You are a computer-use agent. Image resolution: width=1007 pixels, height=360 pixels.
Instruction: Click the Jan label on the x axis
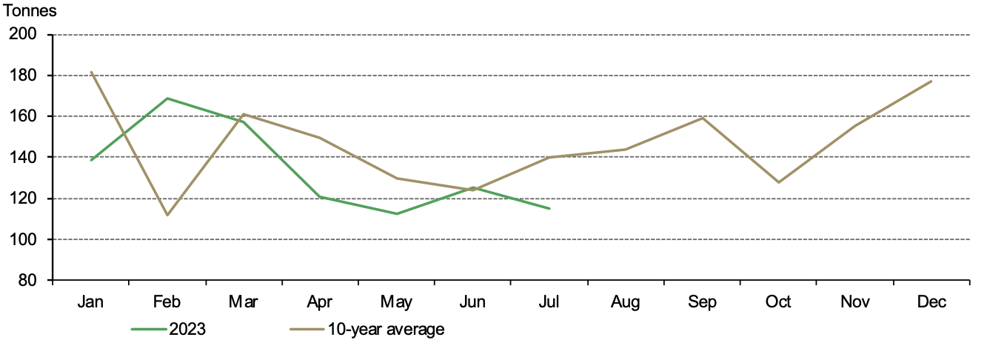(x=91, y=302)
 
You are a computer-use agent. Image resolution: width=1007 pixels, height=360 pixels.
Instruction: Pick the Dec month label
(x=931, y=302)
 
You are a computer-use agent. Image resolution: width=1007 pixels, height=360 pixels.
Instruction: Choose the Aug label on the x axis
(x=626, y=302)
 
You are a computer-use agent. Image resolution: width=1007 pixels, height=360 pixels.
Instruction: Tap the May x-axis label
(x=396, y=302)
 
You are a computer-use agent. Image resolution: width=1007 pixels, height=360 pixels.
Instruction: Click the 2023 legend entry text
(x=187, y=330)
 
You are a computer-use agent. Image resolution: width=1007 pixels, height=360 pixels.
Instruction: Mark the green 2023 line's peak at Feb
(x=167, y=98)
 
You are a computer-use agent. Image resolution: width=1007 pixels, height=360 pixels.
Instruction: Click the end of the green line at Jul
(x=549, y=209)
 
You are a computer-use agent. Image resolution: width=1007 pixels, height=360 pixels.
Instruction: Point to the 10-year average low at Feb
(x=167, y=215)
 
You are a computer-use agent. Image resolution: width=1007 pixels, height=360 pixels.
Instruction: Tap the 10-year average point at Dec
(x=931, y=81)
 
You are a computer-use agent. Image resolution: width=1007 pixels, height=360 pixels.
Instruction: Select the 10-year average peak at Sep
(x=702, y=118)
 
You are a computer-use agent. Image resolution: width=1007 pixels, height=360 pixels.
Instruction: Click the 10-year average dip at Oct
(x=778, y=182)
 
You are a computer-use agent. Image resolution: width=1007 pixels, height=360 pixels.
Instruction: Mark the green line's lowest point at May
(x=396, y=214)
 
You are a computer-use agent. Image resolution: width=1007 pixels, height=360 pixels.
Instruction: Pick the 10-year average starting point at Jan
(x=91, y=72)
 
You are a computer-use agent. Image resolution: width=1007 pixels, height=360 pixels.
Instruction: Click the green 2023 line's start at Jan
(x=91, y=160)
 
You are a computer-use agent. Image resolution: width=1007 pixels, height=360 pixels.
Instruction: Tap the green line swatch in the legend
(x=148, y=330)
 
